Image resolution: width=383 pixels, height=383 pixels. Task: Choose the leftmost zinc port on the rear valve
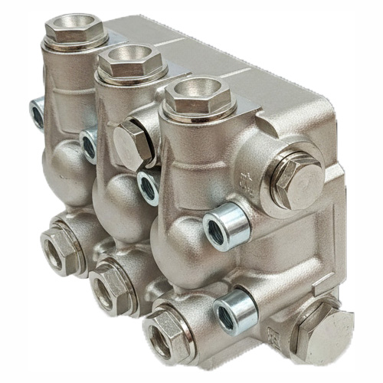point(37,114)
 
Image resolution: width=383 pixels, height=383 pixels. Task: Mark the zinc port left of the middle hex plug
point(90,142)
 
